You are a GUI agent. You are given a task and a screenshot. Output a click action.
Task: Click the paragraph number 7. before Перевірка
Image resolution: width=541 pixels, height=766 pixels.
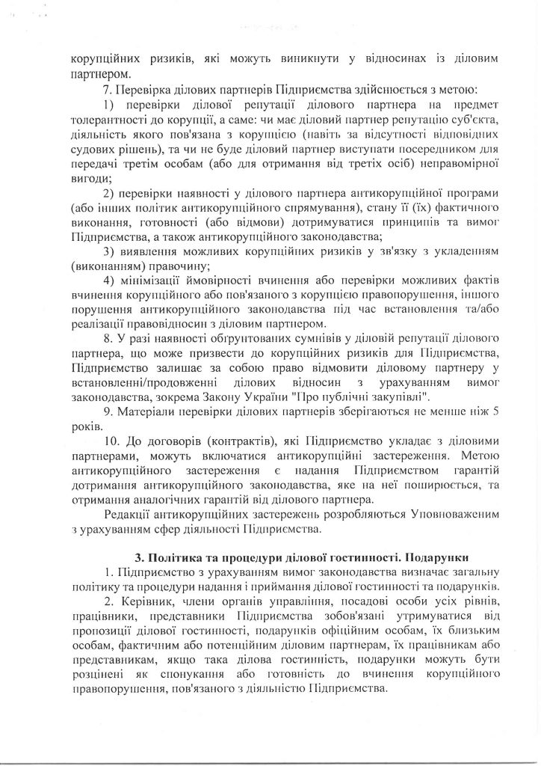(x=106, y=91)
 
